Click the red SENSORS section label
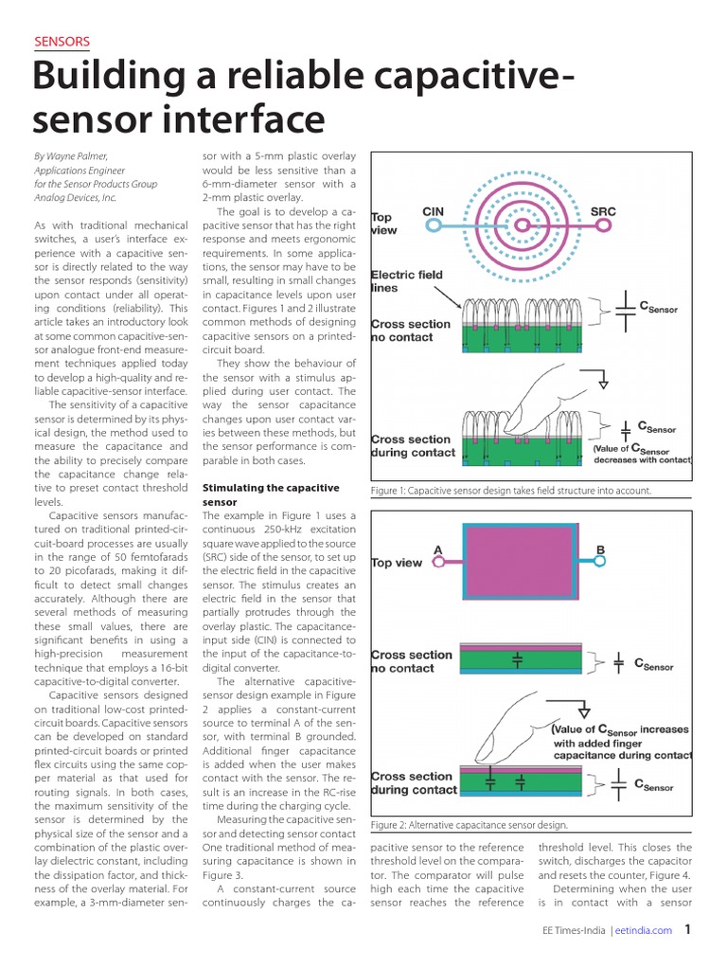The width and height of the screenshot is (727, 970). coord(62,41)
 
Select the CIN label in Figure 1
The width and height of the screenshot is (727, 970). coord(433,210)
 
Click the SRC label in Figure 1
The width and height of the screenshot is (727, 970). coord(602,210)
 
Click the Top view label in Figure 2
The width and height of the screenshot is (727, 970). coord(397,563)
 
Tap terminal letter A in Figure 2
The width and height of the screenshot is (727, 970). coord(437,548)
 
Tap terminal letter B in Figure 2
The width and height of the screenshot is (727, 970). coord(599,548)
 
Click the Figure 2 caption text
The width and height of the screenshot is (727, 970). coord(470,825)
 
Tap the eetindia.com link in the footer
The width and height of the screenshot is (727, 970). coord(643,930)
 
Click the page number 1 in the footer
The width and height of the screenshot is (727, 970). coord(688,929)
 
